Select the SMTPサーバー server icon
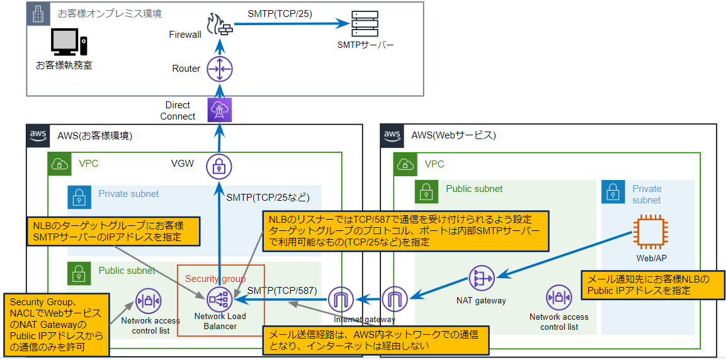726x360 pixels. [365, 24]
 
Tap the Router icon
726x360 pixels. [220, 69]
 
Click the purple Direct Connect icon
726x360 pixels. [220, 110]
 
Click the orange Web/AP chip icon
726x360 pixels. [648, 231]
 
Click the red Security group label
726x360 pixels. [215, 278]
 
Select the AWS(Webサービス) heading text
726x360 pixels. [453, 135]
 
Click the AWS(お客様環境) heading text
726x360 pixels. [94, 135]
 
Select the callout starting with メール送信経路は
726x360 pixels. [377, 340]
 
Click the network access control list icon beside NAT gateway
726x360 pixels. [559, 297]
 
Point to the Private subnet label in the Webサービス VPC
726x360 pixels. [647, 194]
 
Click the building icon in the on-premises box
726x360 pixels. [38, 13]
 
